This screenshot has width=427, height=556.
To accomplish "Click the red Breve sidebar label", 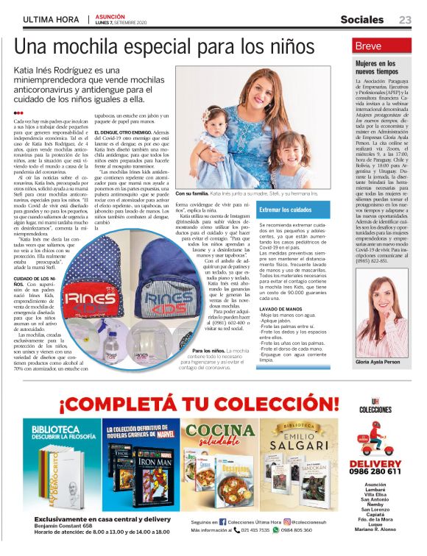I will click(369, 46).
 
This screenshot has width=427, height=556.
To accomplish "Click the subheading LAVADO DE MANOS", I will click(280, 309).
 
